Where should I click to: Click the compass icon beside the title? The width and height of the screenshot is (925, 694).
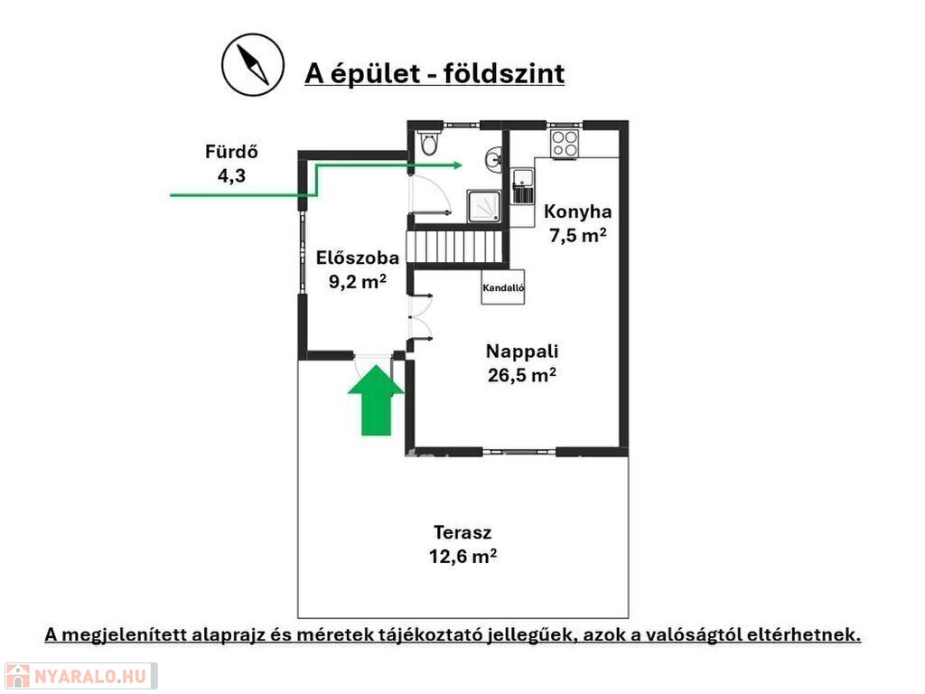click(x=253, y=65)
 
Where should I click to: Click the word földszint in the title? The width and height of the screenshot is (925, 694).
click(x=504, y=74)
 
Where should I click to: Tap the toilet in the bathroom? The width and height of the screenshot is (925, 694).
click(x=429, y=142)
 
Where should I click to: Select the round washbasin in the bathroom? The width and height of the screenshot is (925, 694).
click(x=494, y=158)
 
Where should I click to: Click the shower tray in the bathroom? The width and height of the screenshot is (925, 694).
click(x=484, y=205)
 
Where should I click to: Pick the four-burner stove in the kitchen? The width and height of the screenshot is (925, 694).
click(x=564, y=144)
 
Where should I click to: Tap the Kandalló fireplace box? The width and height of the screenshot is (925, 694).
click(x=502, y=287)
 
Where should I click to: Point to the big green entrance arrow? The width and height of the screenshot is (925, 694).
click(x=376, y=399)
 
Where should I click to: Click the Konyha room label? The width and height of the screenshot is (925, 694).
click(x=577, y=211)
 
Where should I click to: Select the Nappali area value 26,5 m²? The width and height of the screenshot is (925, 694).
click(x=521, y=375)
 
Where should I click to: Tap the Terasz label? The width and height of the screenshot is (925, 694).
click(x=462, y=532)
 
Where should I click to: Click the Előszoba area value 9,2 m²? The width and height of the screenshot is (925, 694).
click(x=358, y=282)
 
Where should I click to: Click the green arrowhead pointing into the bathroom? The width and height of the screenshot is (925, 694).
click(x=455, y=165)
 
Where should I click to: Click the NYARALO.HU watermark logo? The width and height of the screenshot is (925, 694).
click(x=80, y=676)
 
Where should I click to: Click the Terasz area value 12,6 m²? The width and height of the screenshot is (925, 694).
click(x=462, y=557)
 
